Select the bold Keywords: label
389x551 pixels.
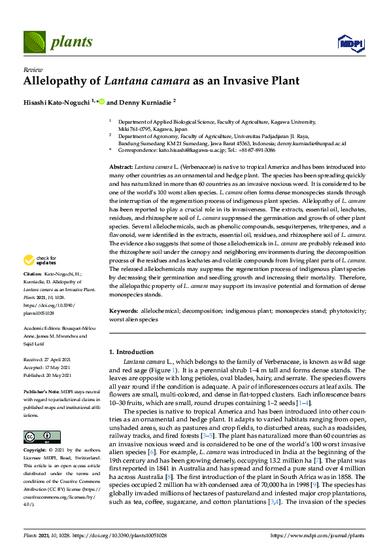coord(124,311)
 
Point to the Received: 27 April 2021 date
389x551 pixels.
coord(49,360)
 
